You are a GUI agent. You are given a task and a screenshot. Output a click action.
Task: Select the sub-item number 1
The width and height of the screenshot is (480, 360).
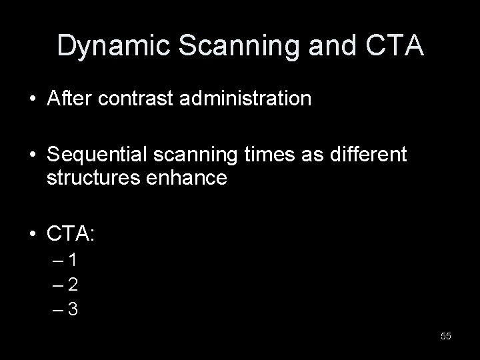coord(74,260)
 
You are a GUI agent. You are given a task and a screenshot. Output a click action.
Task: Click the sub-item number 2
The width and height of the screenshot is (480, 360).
coord(74,285)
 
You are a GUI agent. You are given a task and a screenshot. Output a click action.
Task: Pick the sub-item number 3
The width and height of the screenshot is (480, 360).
coord(74,310)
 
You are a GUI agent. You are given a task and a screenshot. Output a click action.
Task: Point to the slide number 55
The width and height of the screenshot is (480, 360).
coord(445,336)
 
